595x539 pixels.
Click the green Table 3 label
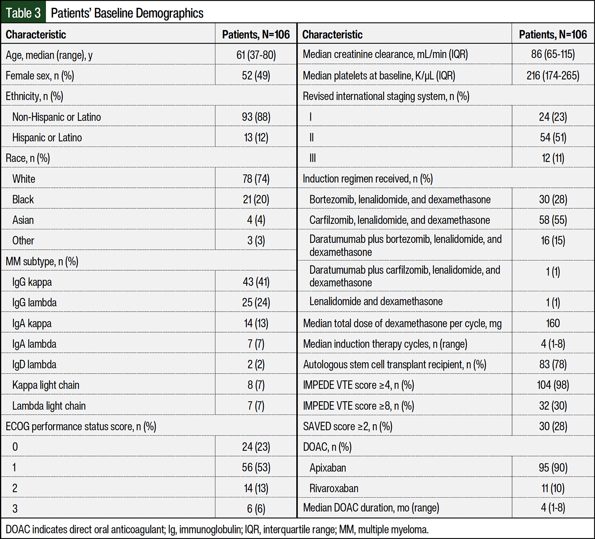click(23, 13)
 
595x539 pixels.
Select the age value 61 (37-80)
click(256, 55)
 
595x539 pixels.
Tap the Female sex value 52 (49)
click(256, 75)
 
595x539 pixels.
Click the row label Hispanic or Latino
click(47, 137)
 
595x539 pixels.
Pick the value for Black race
click(256, 199)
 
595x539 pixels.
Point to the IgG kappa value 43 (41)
click(256, 282)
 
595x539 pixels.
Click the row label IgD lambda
click(34, 364)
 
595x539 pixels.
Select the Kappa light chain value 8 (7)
click(256, 385)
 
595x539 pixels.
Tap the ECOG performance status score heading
click(81, 426)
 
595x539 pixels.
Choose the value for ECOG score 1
click(256, 468)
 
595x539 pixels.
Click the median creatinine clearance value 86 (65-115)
click(553, 54)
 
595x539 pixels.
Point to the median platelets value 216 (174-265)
click(553, 75)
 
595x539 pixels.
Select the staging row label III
click(313, 158)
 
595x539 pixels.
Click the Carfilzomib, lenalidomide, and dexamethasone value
click(553, 220)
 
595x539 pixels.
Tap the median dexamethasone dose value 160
click(553, 323)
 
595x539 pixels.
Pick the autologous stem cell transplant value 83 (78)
click(553, 364)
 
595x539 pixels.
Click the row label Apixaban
click(328, 468)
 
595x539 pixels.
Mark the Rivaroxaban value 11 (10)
click(553, 488)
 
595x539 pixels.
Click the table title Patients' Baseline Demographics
click(127, 13)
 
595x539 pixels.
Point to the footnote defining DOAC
click(217, 529)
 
